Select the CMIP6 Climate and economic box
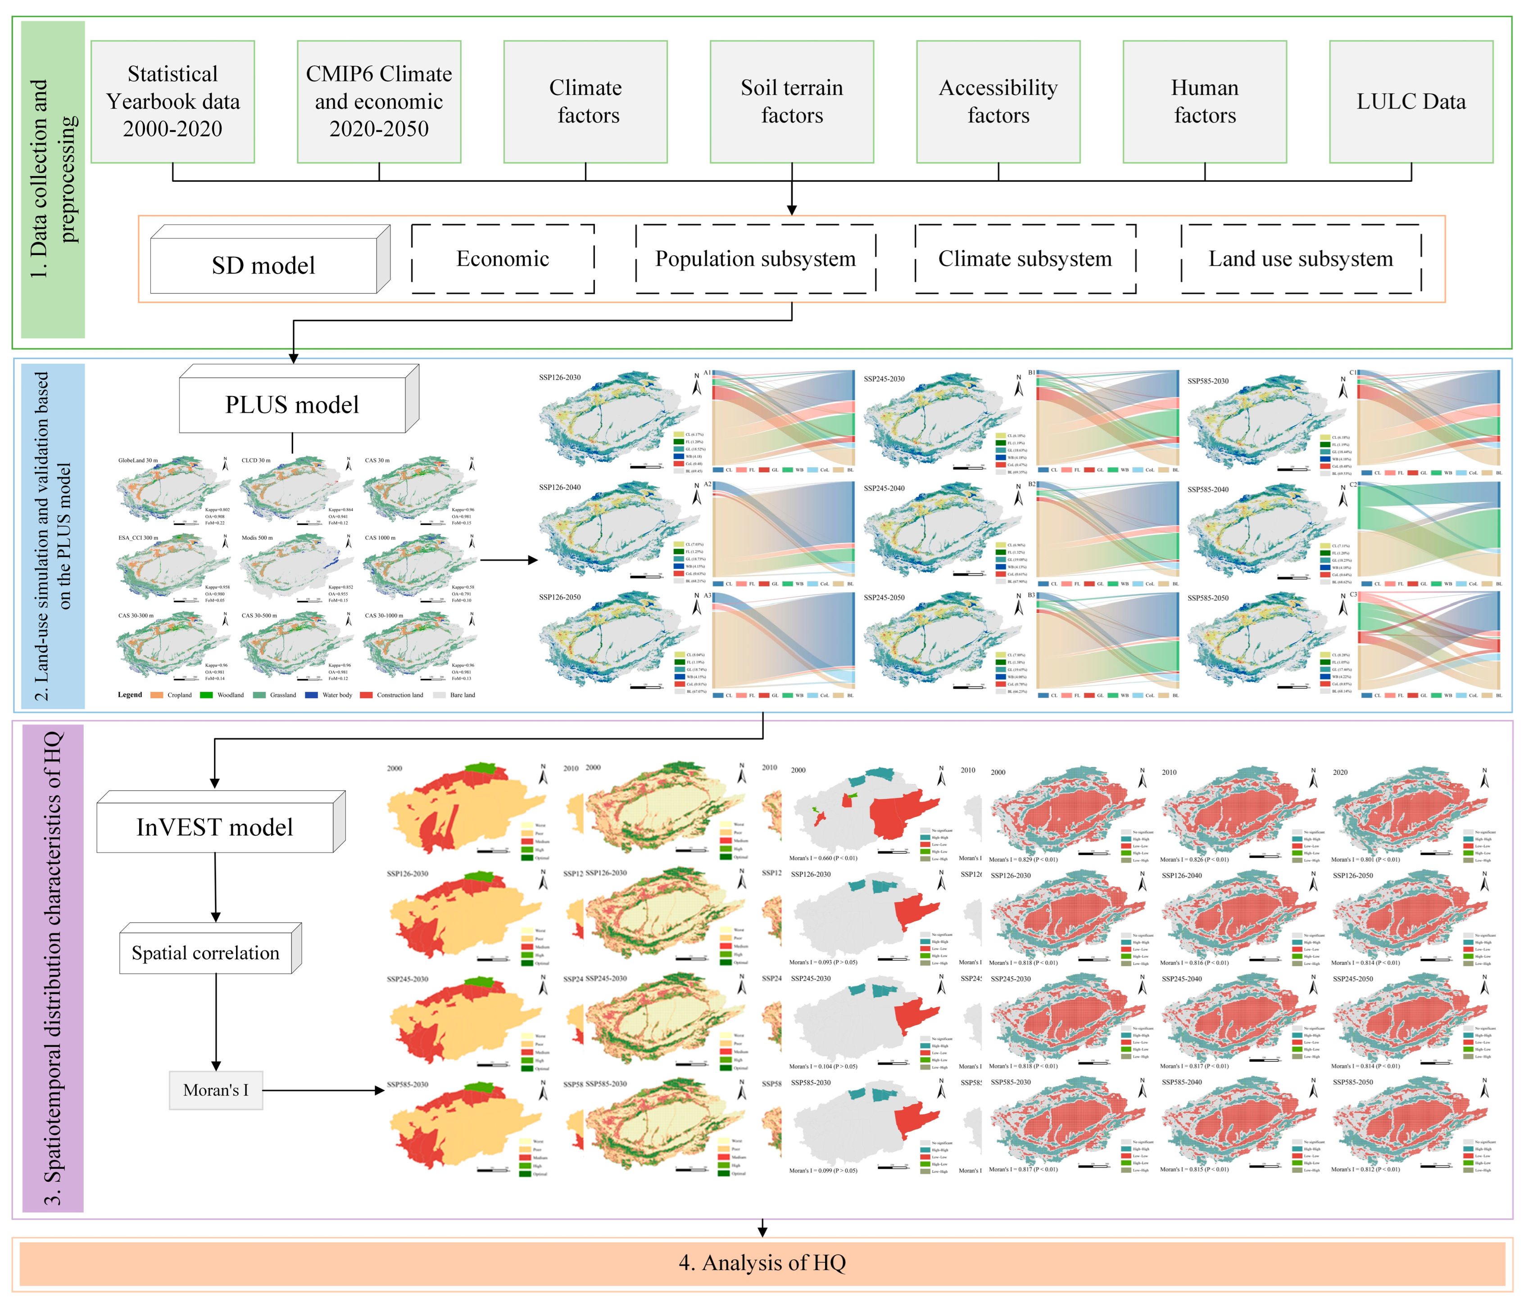[x=379, y=101]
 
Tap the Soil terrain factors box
[x=791, y=101]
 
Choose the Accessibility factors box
[x=998, y=101]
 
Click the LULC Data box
[x=1411, y=101]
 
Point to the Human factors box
[x=1204, y=101]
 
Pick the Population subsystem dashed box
[x=755, y=259]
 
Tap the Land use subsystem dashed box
[x=1301, y=259]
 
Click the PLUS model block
[x=292, y=404]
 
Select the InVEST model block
[x=215, y=827]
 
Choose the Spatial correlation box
[x=205, y=953]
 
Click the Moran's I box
[x=216, y=1090]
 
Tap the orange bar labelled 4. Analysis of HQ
[x=762, y=1262]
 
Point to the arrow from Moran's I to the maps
[x=324, y=1090]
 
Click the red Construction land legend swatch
[x=366, y=695]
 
